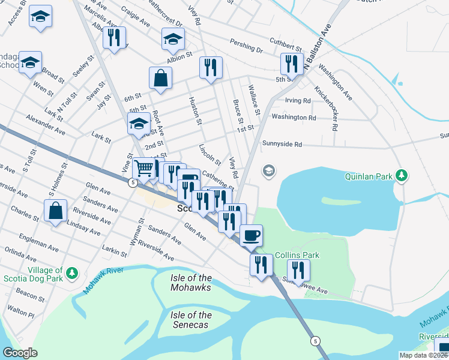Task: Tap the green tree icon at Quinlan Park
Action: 402,176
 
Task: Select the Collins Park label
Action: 297,255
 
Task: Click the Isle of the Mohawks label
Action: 191,282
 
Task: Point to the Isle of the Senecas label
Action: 191,320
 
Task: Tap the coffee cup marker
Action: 251,235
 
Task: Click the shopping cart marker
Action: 143,169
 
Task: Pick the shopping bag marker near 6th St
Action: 161,78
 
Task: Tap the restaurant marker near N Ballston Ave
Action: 292,64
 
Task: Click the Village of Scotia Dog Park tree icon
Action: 71,274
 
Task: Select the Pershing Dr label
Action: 247,46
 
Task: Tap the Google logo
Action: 20,353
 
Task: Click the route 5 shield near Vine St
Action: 131,182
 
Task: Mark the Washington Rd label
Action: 294,118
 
